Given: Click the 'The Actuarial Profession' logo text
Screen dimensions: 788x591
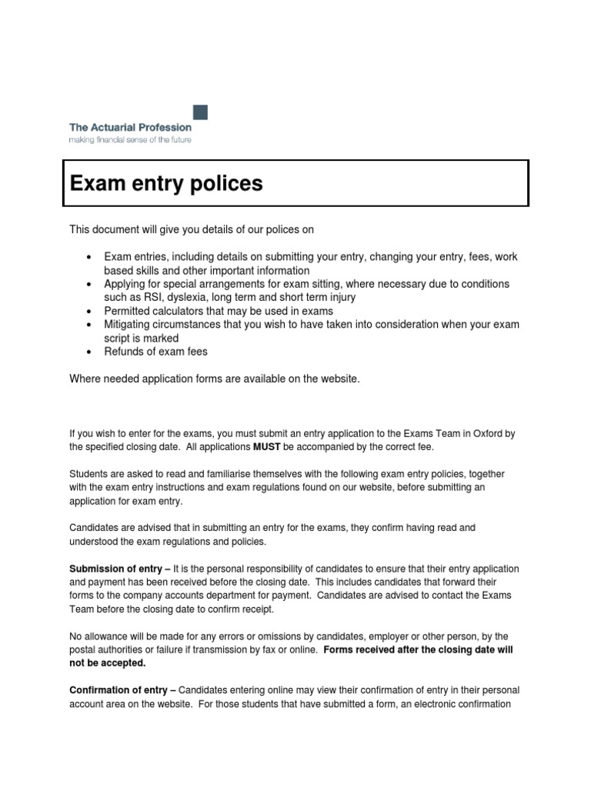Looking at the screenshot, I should point(130,127).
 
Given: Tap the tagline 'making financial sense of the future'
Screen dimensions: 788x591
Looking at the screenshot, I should point(130,140).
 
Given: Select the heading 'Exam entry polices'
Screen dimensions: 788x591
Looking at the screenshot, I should point(166,183).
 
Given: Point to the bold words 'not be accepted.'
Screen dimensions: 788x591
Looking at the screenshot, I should point(107,663).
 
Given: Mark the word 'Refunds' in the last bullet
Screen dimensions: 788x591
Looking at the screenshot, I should point(124,352).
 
